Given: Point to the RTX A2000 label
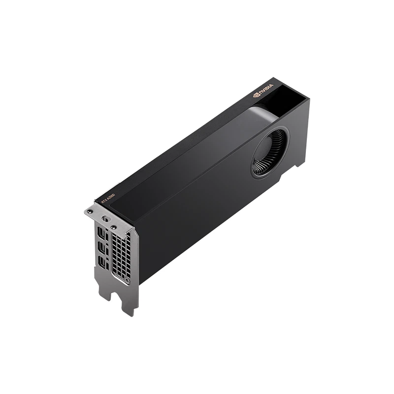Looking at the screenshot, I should coord(108,198).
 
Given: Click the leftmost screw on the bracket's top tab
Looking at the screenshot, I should coord(90,211).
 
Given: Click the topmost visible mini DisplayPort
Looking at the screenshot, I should coord(101,232).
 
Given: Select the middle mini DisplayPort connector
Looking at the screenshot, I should coord(101,247).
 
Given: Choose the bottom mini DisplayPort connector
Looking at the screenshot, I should coord(101,263).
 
